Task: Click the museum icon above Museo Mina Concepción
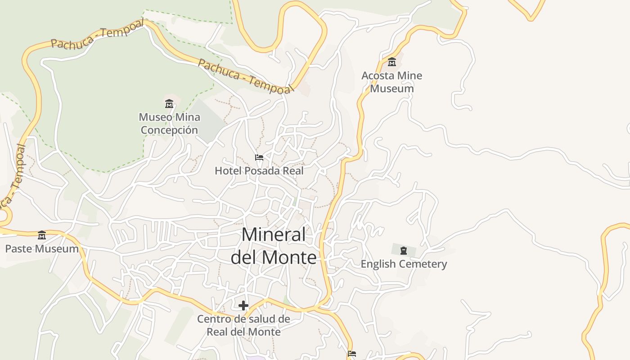pyautogui.click(x=169, y=104)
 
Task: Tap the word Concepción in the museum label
pyautogui.click(x=169, y=130)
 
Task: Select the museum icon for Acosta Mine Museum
pyautogui.click(x=392, y=62)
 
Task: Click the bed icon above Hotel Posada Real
pyautogui.click(x=259, y=157)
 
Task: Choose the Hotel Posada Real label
pyautogui.click(x=259, y=171)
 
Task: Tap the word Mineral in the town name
pyautogui.click(x=274, y=235)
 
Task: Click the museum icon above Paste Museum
pyautogui.click(x=42, y=235)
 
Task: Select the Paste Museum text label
pyautogui.click(x=42, y=249)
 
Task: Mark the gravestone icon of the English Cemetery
pyautogui.click(x=404, y=251)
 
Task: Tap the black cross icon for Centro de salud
pyautogui.click(x=243, y=306)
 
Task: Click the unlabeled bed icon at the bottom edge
pyautogui.click(x=352, y=354)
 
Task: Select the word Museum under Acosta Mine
pyautogui.click(x=392, y=89)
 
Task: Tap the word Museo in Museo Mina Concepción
pyautogui.click(x=155, y=117)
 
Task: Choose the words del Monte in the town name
pyautogui.click(x=274, y=257)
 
